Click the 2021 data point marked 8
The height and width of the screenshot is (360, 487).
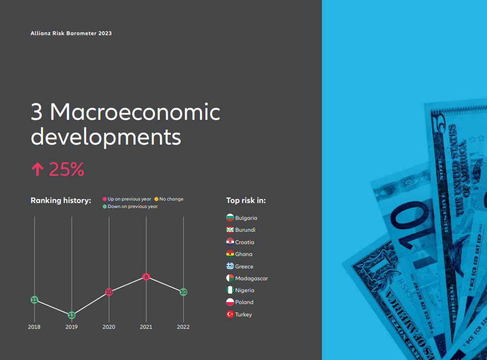coord(146,277)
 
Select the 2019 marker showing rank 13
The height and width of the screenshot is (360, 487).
coord(71,315)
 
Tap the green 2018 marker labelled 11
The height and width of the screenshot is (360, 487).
coord(35,300)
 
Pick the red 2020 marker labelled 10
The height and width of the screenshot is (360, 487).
coord(109,292)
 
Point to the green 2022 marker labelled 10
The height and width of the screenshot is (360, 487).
coord(183,292)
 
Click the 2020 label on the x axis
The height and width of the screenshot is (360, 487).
coord(109,327)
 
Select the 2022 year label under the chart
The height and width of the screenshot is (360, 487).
coord(183,327)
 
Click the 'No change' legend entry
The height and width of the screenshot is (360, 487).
coord(169,199)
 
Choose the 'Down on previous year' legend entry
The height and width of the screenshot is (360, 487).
coord(131,206)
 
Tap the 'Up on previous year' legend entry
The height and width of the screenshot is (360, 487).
coord(127,199)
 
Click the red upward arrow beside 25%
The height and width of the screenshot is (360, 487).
coord(38,169)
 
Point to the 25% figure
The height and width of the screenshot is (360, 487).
coord(66,169)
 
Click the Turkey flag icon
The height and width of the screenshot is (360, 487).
coord(230,314)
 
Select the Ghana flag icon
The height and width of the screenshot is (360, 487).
coord(230,254)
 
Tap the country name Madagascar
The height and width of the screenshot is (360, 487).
coord(251,278)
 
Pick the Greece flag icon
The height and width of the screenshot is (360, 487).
coord(230,266)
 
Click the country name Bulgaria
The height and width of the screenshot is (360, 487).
coord(246,218)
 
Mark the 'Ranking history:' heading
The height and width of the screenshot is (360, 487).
coord(61,201)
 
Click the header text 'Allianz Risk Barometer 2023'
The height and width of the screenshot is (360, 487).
coord(71,33)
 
